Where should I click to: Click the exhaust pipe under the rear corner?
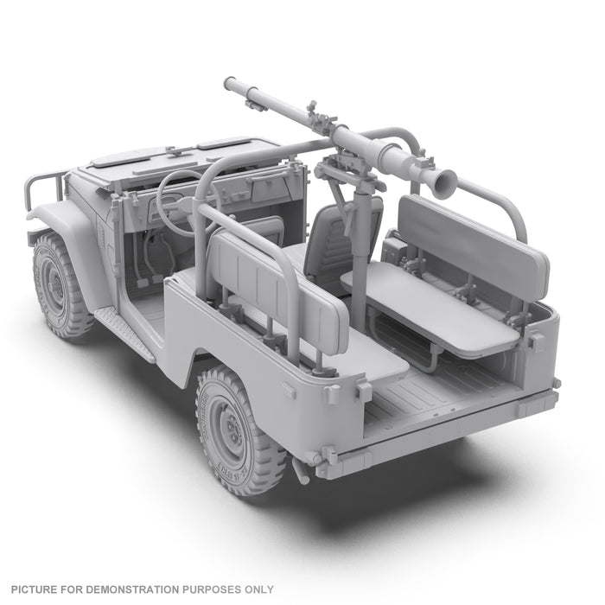tap(302, 471)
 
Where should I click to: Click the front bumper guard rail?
tap(43, 187)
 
